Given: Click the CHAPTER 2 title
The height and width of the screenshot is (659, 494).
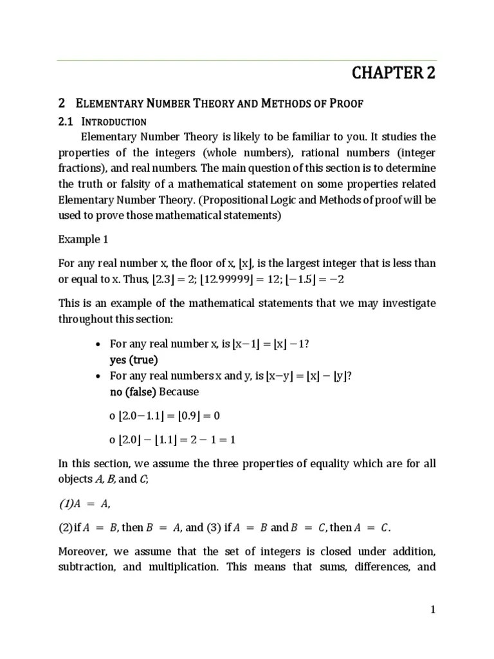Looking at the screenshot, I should tap(394, 73).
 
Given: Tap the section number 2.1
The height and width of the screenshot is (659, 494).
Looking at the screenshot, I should tap(66, 122).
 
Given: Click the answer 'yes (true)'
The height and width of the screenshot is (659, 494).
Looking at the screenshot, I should tap(134, 360).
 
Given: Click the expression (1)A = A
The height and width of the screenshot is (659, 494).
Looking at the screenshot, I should tap(79, 503).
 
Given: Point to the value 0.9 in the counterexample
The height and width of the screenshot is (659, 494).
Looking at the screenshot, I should tap(195, 415).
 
